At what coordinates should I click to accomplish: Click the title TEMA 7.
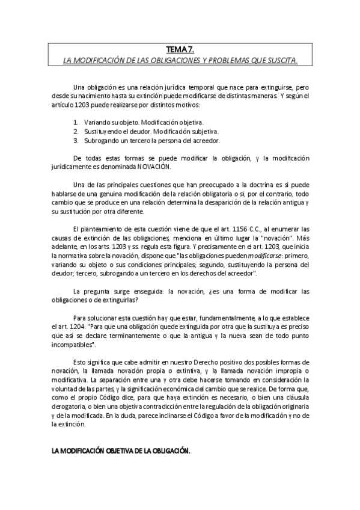[180, 51]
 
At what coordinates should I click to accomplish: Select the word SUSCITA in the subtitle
[280, 61]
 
